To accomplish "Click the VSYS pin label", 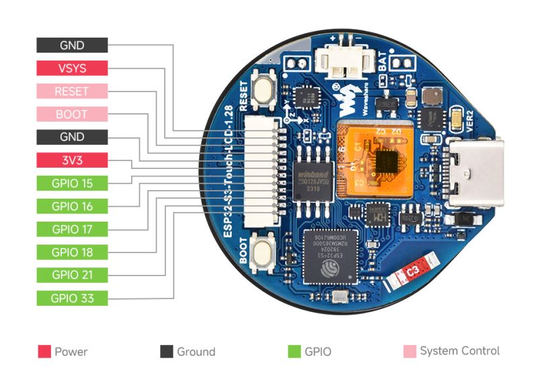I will point(71,68).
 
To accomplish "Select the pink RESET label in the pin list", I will point(71,91).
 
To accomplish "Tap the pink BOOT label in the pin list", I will point(71,114).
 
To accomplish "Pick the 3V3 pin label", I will point(71,160).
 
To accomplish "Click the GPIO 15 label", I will point(71,183).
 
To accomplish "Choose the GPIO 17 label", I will point(71,228).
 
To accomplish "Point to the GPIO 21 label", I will point(71,274).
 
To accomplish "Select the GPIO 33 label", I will point(71,298).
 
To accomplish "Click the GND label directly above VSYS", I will point(71,45).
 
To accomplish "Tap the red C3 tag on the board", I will point(412,271).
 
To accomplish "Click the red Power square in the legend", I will point(45,351).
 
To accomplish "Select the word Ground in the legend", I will point(196,352).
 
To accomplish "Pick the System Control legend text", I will point(459,351).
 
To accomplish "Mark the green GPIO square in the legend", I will point(293,351).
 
